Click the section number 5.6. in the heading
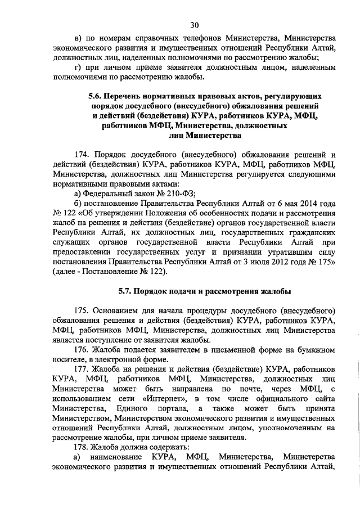(98, 96)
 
